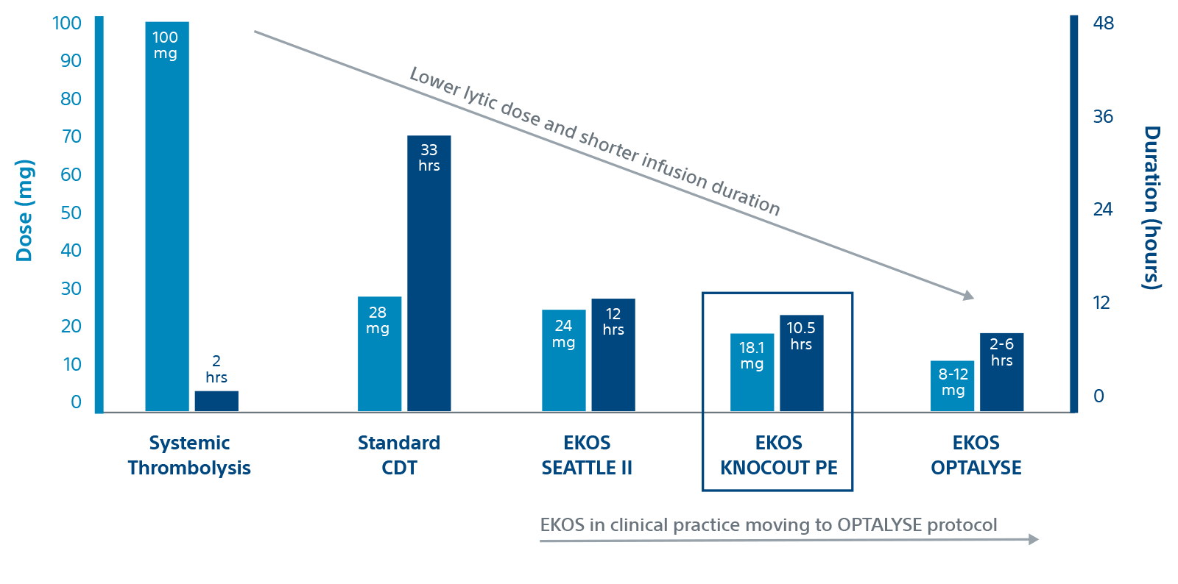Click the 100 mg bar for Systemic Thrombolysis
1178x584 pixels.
pos(167,221)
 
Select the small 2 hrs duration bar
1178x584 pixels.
pos(216,401)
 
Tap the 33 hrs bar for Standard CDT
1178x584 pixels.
pos(428,279)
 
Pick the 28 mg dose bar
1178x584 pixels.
pos(379,360)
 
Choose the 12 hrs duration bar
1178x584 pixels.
pos(613,360)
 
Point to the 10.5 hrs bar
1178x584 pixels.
pos(801,368)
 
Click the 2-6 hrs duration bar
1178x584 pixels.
pos(1001,375)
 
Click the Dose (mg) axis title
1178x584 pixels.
pos(25,210)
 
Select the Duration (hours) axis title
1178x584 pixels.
pos(1151,207)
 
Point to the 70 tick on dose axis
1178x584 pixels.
pos(71,137)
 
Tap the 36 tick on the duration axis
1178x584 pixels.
pos(1103,117)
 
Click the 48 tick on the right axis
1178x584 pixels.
pos(1104,24)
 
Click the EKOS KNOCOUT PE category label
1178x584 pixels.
pos(778,455)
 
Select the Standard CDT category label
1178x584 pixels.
pos(398,455)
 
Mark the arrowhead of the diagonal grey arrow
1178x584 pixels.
pos(969,296)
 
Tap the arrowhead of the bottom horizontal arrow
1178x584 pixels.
pos(1034,539)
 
